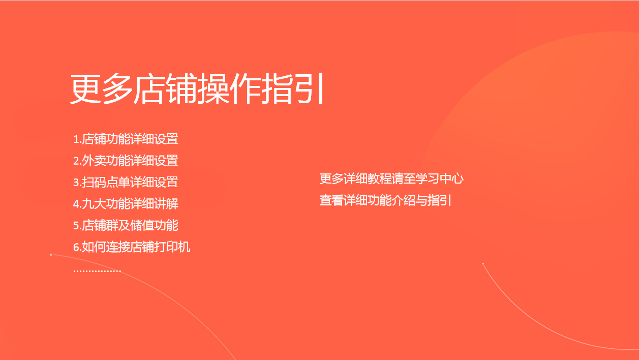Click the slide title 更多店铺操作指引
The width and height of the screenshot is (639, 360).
(197, 88)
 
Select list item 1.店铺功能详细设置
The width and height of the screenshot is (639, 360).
(126, 139)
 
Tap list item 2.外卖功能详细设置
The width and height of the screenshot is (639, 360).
(126, 161)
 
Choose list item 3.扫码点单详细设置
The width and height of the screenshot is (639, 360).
(126, 182)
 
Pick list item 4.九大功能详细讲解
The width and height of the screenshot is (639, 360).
(126, 204)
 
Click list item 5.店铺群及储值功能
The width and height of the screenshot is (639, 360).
(126, 225)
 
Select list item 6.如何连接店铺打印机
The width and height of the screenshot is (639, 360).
(132, 247)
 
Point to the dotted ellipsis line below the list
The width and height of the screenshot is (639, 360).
(97, 271)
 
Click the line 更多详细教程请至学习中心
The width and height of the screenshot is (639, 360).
(391, 178)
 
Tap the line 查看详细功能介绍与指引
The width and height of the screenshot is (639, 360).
(385, 200)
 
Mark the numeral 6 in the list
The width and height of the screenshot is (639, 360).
(76, 247)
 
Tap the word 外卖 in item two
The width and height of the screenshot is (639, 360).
(94, 161)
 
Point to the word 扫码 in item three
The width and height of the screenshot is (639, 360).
(94, 182)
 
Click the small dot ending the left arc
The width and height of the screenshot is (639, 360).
(51, 255)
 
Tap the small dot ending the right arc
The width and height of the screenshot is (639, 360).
(483, 264)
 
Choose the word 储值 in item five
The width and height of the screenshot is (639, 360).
(142, 225)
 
